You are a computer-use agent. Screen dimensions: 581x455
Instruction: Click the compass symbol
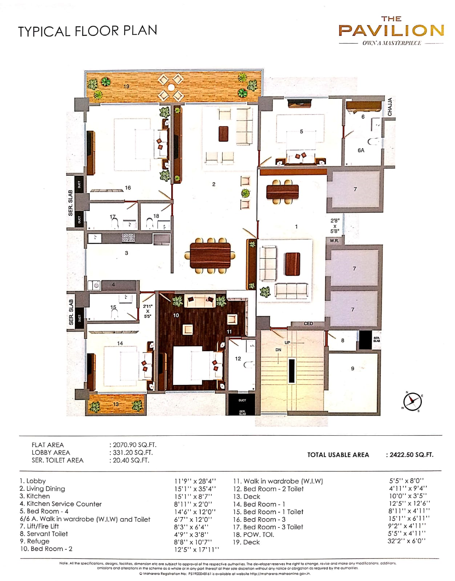[412, 402]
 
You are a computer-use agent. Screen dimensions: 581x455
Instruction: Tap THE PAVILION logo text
[391, 30]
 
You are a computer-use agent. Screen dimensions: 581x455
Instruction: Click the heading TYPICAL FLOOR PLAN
[88, 31]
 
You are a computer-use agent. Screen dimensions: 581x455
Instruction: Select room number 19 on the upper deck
[126, 86]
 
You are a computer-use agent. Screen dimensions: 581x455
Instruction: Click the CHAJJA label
[390, 107]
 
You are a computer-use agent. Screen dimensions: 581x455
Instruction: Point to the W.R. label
[334, 241]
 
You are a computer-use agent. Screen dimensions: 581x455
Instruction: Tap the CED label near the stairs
[308, 324]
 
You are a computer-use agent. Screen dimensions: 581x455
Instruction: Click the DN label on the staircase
[278, 350]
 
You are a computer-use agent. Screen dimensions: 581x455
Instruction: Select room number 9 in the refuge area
[353, 369]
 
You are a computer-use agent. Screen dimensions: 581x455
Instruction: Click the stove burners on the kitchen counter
[128, 238]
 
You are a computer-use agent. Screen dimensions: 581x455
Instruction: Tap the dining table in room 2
[210, 255]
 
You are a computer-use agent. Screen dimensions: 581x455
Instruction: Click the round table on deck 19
[170, 87]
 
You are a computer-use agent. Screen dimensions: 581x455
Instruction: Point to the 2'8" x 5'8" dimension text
[335, 226]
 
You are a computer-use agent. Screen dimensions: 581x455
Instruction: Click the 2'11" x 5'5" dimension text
[148, 311]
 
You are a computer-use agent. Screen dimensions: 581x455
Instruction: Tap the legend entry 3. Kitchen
[35, 496]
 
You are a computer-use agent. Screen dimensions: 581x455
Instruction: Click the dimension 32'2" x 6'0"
[406, 541]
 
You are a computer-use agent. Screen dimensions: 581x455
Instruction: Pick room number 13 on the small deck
[116, 404]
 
